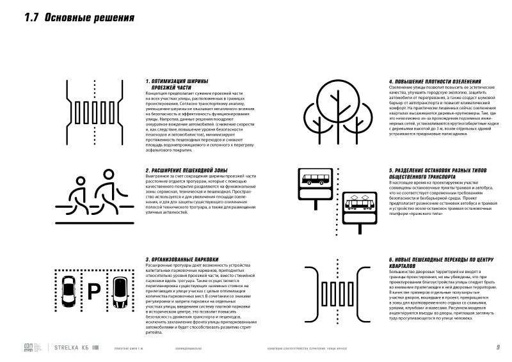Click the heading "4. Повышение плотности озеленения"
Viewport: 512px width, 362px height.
(x=433, y=81)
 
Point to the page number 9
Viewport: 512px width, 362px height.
(x=497, y=347)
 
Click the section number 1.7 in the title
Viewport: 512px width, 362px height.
(x=33, y=18)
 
